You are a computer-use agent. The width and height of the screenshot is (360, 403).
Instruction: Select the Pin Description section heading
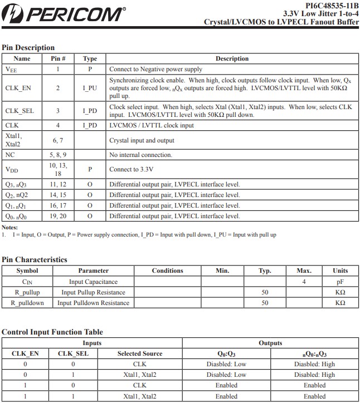click(28, 48)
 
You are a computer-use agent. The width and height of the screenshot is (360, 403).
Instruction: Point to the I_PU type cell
click(90, 88)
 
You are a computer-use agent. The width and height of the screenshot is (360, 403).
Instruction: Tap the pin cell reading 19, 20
click(59, 216)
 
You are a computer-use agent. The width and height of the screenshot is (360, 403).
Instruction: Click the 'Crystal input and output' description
click(142, 140)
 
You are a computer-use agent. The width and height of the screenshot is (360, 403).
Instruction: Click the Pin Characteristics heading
click(35, 259)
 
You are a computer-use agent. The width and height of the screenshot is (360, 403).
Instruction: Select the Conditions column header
click(167, 271)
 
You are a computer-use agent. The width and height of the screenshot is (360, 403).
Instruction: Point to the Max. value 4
click(304, 282)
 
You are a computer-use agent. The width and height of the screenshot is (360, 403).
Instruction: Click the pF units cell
click(340, 282)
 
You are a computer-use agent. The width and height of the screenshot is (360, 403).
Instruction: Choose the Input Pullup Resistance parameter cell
click(93, 292)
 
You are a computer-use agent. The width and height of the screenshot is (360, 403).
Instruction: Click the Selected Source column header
click(140, 353)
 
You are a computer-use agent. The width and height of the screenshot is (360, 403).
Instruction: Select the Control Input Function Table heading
click(52, 332)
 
